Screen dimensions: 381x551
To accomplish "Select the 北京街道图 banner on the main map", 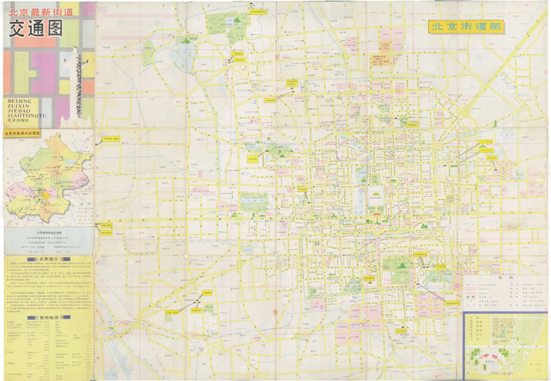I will [x=466, y=28].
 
